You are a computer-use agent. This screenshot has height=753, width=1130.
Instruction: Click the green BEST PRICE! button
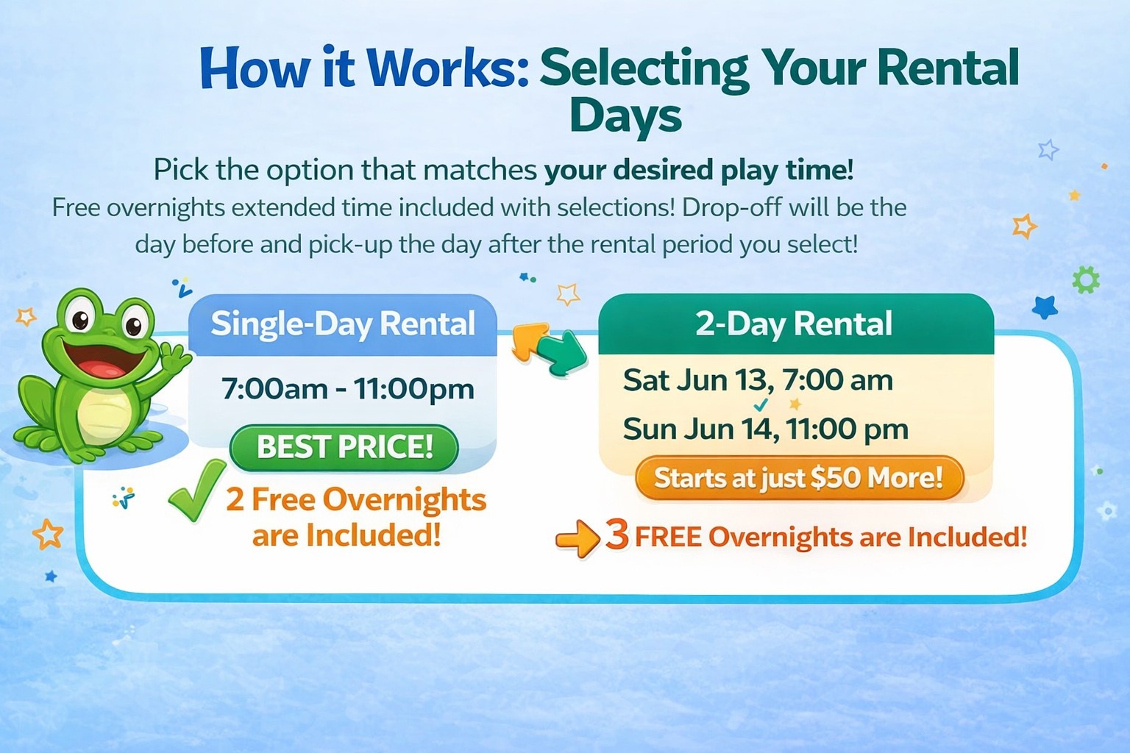[x=344, y=447]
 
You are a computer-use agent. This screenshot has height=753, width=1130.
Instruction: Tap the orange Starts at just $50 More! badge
[x=800, y=478]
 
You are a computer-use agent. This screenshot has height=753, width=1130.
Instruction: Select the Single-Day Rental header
[x=343, y=324]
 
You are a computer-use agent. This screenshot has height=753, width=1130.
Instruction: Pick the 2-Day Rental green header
[x=795, y=324]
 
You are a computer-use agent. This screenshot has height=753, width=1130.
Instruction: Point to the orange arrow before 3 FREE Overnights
[x=578, y=539]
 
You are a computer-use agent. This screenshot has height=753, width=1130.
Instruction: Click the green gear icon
[x=1086, y=280]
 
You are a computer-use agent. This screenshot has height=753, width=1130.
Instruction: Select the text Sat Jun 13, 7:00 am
[x=758, y=379]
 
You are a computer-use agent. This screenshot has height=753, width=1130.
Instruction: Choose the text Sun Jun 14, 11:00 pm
[x=765, y=429]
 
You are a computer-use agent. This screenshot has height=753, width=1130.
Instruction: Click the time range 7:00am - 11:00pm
[x=347, y=389]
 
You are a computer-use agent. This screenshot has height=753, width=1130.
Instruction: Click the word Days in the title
[x=626, y=117]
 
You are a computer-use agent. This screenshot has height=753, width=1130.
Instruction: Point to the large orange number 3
[x=617, y=535]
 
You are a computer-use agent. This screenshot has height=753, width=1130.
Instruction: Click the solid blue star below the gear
[x=1045, y=307]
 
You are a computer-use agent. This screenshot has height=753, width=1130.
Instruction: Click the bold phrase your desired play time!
[x=699, y=170]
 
